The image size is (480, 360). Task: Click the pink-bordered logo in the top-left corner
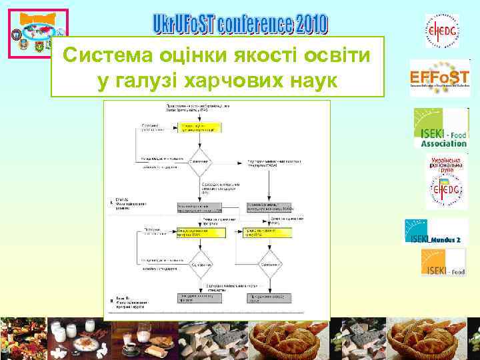click(x=38, y=34)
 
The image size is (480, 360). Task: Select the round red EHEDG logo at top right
click(x=443, y=31)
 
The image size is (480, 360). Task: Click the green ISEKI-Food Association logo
click(x=441, y=127)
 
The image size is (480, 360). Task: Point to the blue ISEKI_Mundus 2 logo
click(x=434, y=231)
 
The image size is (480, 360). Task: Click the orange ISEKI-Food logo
click(x=443, y=262)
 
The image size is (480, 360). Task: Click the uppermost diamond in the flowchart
click(x=201, y=160)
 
